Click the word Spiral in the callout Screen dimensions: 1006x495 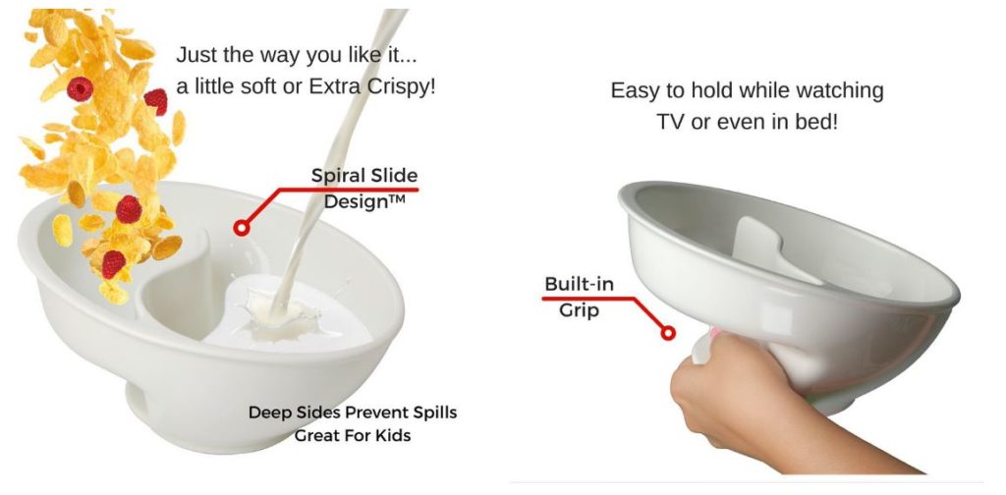click(335, 176)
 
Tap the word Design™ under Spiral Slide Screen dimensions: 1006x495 click(364, 201)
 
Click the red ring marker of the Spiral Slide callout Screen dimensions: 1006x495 click(242, 227)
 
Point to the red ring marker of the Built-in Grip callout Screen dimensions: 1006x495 click(668, 333)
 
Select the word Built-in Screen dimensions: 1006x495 click(580, 284)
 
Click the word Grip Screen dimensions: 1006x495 click(579, 310)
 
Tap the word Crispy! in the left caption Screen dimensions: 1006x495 click(402, 86)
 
